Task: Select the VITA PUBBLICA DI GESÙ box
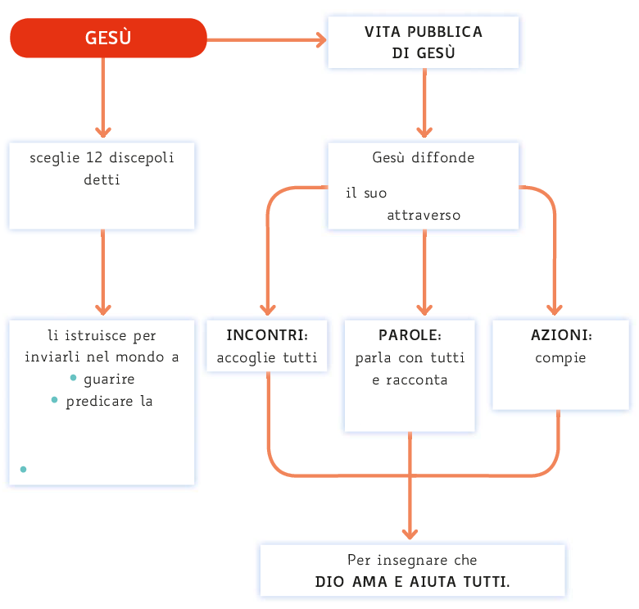click(x=423, y=42)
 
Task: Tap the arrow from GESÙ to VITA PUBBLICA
click(x=266, y=39)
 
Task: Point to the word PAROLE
click(x=410, y=336)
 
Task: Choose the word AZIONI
click(x=561, y=336)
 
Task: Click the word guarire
click(x=109, y=379)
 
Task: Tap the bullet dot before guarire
click(x=74, y=378)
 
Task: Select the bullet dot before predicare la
click(x=55, y=400)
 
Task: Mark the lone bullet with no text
click(x=23, y=469)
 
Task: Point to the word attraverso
click(x=424, y=216)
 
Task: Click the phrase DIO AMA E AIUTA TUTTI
click(x=412, y=582)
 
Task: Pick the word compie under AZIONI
click(x=560, y=358)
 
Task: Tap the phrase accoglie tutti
click(x=266, y=358)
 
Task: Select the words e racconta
click(x=410, y=380)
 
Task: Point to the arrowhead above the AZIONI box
click(x=555, y=310)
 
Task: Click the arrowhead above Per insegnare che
click(x=410, y=533)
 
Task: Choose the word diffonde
click(x=447, y=157)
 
